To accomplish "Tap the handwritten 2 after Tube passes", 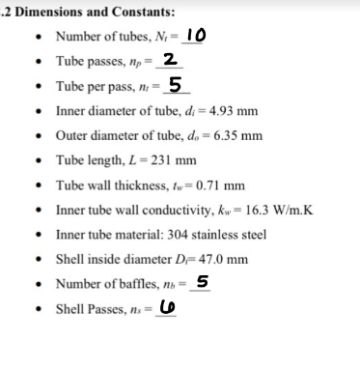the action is pos(168,60).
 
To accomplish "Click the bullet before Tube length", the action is pos(37,160).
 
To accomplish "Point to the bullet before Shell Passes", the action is pos(37,310).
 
